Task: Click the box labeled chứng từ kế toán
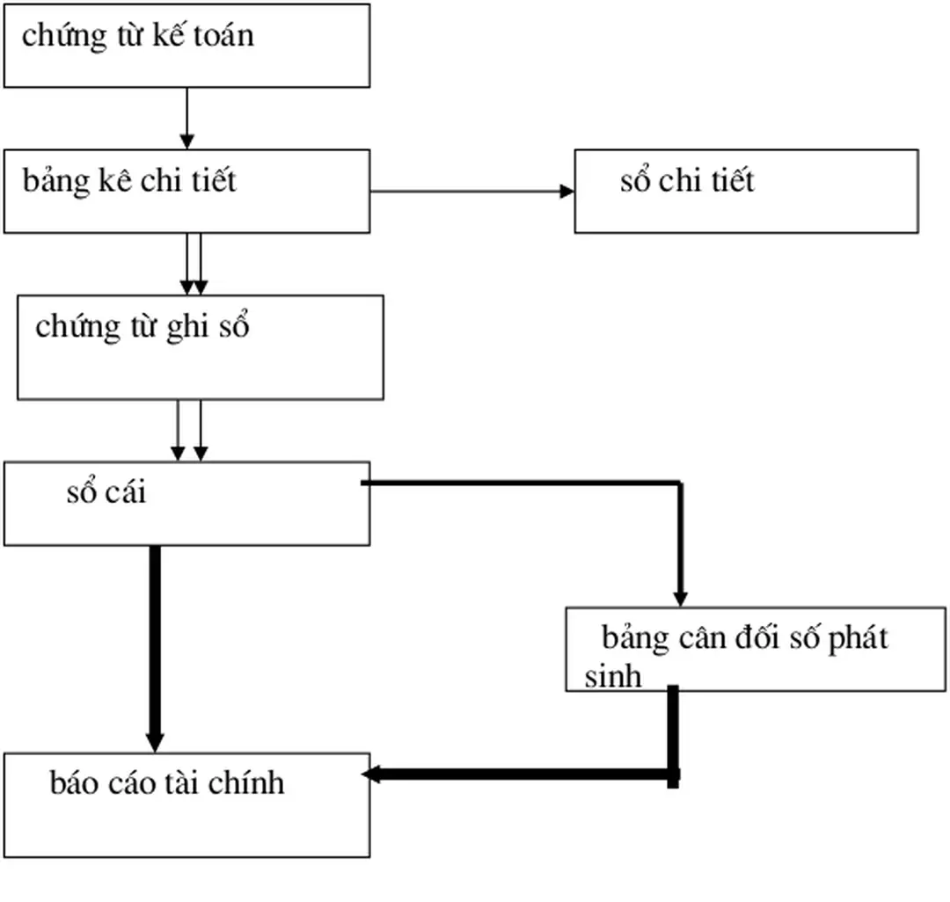pyautogui.click(x=186, y=46)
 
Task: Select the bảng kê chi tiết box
pyautogui.click(x=186, y=191)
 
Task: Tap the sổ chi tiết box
pyautogui.click(x=746, y=191)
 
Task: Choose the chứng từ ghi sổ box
pyautogui.click(x=201, y=347)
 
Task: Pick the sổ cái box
pyautogui.click(x=186, y=504)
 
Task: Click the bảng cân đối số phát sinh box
pyautogui.click(x=755, y=649)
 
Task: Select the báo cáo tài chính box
pyautogui.click(x=186, y=804)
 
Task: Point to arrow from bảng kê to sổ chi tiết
pyautogui.click(x=471, y=191)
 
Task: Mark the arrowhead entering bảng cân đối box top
pyautogui.click(x=680, y=598)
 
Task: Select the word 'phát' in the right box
pyautogui.click(x=858, y=637)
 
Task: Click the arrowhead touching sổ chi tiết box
pyautogui.click(x=567, y=191)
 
